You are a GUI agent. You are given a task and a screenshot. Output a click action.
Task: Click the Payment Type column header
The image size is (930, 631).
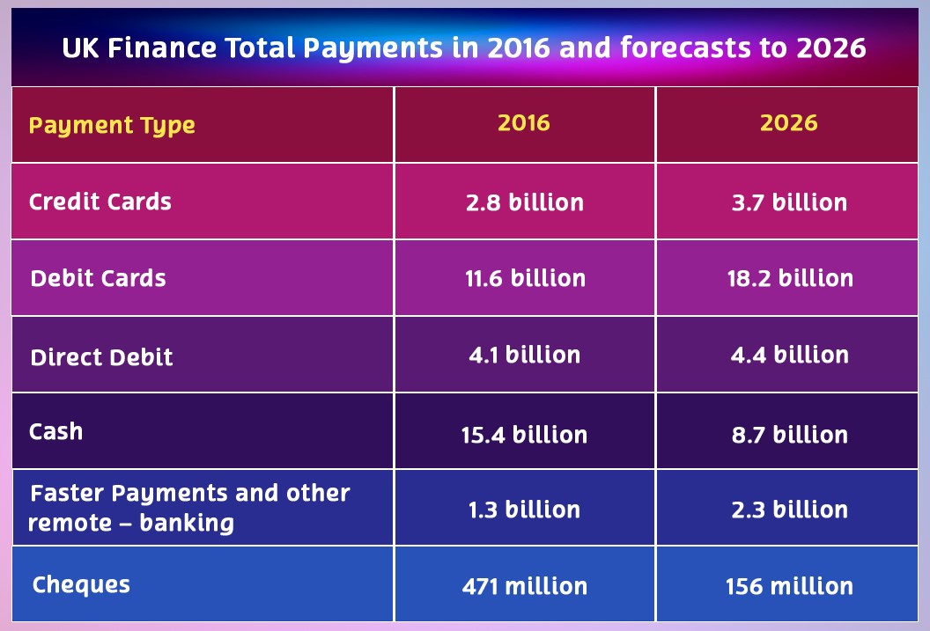pos(112,125)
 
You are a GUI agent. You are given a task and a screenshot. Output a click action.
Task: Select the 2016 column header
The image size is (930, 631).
pos(524,122)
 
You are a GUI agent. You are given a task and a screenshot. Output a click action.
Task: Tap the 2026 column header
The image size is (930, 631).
pos(789,122)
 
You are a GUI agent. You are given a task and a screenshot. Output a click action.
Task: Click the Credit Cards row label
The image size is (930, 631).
pos(100,202)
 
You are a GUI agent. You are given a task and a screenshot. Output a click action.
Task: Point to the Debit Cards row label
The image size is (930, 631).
pos(98,278)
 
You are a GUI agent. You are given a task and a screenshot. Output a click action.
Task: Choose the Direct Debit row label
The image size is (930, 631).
pos(101,357)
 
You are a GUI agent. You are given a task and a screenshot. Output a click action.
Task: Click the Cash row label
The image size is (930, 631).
pos(55,431)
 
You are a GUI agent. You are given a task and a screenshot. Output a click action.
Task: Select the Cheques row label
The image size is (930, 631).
pos(81,584)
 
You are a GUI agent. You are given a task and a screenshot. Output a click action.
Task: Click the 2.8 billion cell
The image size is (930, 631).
pos(524,202)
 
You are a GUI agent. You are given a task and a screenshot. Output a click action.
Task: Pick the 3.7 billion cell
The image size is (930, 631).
pos(789,202)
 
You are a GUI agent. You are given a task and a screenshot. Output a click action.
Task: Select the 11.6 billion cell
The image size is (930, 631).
pos(524,279)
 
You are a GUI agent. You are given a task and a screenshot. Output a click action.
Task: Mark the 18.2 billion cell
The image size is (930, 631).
pos(789,279)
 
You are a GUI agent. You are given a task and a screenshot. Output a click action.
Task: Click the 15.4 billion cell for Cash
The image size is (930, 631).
pos(524,435)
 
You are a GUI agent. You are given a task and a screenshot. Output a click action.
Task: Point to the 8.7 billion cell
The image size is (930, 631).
pos(789,435)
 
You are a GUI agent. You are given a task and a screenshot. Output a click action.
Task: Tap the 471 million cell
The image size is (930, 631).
pos(524,586)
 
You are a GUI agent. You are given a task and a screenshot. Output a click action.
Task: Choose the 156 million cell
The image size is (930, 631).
pos(789,586)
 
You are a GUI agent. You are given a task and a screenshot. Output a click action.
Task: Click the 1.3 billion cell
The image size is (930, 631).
pos(524,510)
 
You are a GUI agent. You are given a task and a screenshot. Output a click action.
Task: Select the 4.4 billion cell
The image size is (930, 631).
pos(789,356)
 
